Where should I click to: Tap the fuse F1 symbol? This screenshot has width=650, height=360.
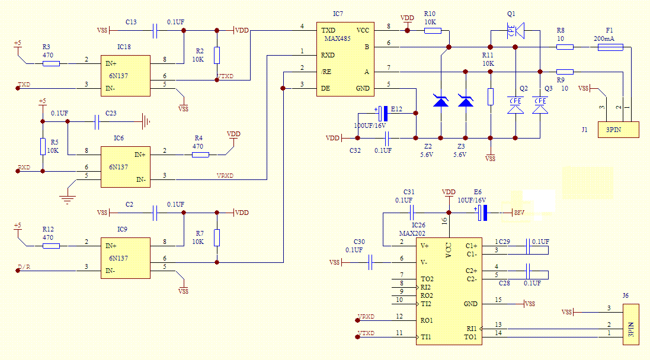point(610,47)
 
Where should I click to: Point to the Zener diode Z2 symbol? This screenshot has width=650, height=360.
point(441,101)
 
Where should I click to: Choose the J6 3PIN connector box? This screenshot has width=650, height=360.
point(631,324)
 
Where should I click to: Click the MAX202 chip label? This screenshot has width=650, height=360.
point(412,233)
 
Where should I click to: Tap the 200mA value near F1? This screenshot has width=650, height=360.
point(604,38)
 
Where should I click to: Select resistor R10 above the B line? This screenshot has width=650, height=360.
point(433,30)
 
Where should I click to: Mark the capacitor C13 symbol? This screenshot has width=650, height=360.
point(155,30)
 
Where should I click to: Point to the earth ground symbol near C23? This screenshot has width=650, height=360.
point(145,122)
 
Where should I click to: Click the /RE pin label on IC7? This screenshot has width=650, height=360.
point(326,72)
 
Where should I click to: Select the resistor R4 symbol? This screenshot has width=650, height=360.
point(200,155)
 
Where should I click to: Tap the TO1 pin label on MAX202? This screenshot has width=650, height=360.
point(470,337)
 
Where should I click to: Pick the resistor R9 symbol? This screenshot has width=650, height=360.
point(565,72)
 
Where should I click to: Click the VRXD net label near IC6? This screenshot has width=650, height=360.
point(225,175)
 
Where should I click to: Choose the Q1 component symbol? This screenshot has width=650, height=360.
point(513,30)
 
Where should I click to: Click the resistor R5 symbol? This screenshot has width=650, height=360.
point(43,146)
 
